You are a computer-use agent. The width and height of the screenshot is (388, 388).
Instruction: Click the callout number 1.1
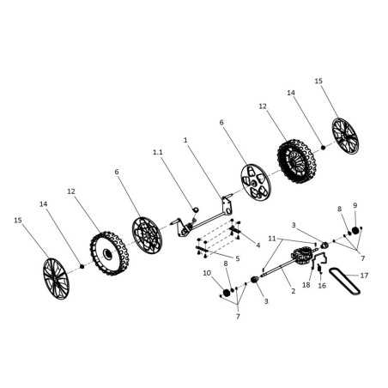(158, 152)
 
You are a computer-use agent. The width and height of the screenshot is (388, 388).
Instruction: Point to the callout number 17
(364, 276)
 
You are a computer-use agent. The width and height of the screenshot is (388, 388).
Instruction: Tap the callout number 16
(322, 286)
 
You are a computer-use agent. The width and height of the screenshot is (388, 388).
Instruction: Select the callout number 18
(306, 285)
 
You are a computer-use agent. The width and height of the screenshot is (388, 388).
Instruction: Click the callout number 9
(355, 205)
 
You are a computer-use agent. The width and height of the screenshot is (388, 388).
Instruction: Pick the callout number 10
(207, 273)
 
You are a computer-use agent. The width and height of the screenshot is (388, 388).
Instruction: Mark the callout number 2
(293, 291)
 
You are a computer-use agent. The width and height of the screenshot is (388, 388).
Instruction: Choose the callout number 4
(258, 245)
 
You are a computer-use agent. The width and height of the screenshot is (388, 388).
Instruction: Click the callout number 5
(237, 258)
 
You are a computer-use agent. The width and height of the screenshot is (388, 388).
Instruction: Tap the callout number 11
(272, 239)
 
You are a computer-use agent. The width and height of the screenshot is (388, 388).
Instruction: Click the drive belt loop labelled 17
(344, 281)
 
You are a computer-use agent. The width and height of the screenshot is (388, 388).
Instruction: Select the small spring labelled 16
(319, 269)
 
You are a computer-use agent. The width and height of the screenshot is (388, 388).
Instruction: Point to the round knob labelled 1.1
(196, 209)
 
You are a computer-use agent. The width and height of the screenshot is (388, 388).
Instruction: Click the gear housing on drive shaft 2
(300, 256)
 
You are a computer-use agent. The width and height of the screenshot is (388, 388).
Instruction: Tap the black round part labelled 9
(355, 230)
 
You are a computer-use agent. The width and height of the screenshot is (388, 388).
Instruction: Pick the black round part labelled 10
(227, 293)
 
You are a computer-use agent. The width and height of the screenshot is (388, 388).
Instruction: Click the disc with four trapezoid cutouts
(256, 183)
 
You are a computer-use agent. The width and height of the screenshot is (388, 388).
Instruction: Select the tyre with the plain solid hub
(110, 253)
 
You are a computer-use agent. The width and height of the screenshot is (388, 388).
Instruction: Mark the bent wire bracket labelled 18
(318, 260)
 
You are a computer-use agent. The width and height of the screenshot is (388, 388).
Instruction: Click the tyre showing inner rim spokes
(296, 161)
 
